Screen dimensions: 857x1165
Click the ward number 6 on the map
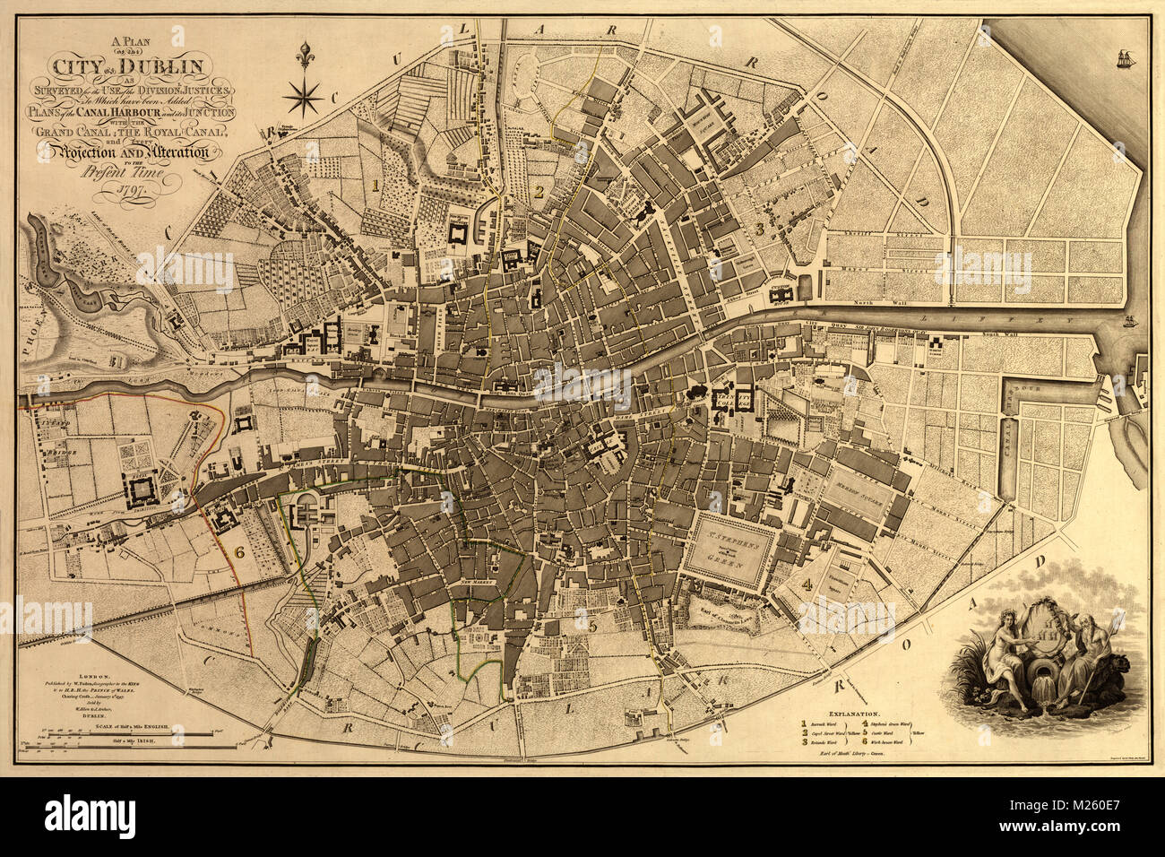click(238, 552)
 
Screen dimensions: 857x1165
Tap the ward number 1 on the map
click(377, 184)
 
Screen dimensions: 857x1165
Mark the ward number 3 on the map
click(761, 229)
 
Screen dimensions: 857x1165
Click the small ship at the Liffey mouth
click(1131, 319)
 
